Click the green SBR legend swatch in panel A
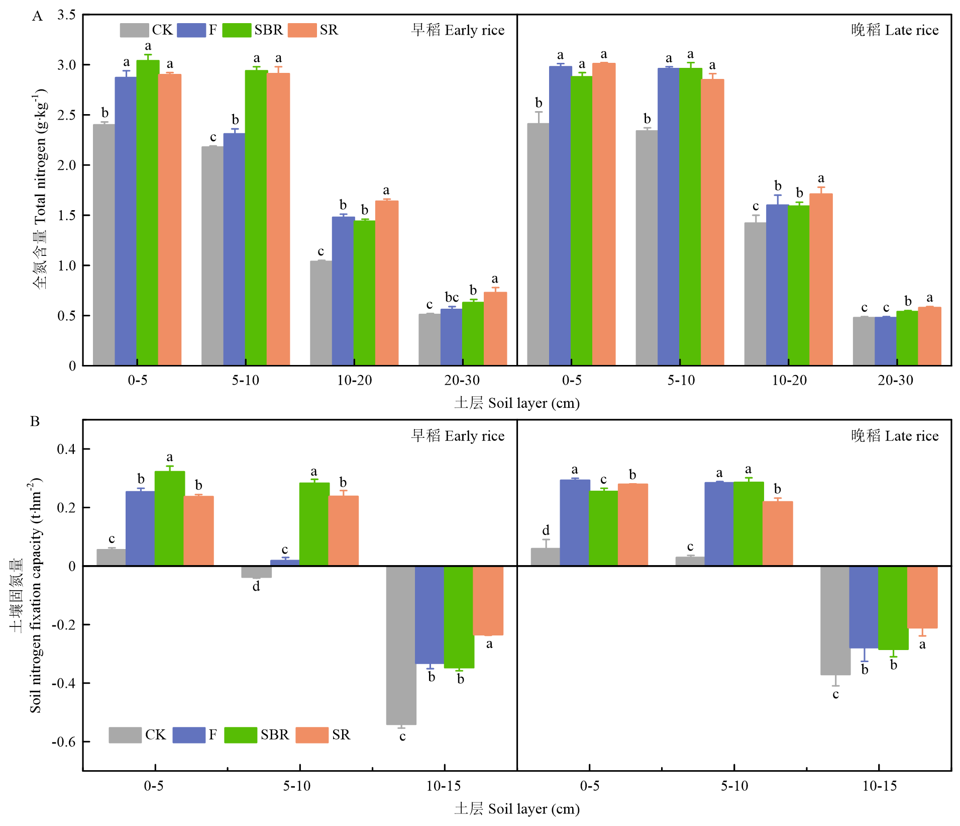pos(236,30)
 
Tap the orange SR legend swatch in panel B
pos(311,735)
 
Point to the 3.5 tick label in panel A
pos(66,15)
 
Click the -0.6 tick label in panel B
pos(63,742)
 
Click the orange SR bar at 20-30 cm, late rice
pos(929,336)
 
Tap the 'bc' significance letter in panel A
pos(452,297)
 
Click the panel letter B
pos(35,421)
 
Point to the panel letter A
pos(37,17)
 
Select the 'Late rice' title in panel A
pos(895,30)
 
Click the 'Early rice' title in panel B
pos(458,436)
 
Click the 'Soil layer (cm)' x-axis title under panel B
pos(517,809)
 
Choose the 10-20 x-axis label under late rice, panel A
pos(789,381)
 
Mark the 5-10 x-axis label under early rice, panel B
pos(297,786)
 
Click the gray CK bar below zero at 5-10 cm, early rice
pos(256,572)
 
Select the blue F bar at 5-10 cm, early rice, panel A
pos(234,249)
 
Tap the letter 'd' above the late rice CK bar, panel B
pos(546,530)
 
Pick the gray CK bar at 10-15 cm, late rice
pos(835,620)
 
